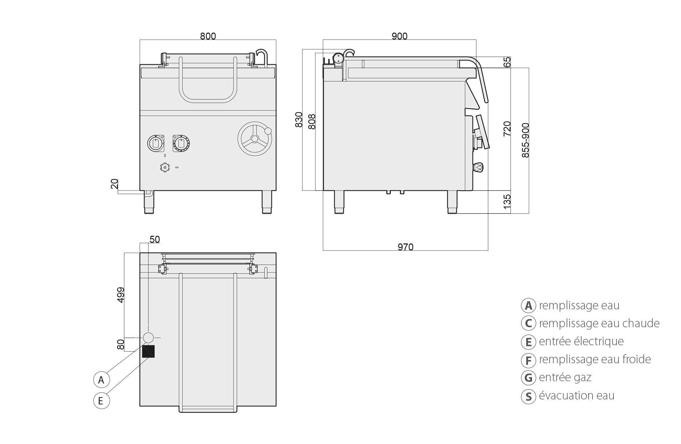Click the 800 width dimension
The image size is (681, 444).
pos(208,36)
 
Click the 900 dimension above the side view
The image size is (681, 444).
pos(399,36)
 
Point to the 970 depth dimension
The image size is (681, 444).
pos(405,247)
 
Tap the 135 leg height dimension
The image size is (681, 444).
pos(507,202)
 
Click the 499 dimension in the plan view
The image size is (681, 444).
pos(120,295)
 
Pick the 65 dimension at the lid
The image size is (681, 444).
pos(507,62)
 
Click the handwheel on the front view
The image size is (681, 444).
pos(255,138)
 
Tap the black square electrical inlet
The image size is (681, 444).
pos(148,351)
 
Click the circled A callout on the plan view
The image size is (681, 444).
pos(101,380)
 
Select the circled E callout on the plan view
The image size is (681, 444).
pos(101,401)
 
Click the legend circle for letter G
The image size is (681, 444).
pos(528,377)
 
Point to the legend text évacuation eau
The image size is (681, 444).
pos(577,395)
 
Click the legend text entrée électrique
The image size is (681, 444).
pos(581,341)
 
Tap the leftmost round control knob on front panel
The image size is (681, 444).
pos(156,143)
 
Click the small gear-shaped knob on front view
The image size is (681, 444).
pos(164,167)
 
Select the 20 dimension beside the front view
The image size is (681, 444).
pos(114,184)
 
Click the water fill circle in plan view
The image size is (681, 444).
pos(148,338)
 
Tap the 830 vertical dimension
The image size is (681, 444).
pos(299,119)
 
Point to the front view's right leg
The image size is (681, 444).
pos(267,202)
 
